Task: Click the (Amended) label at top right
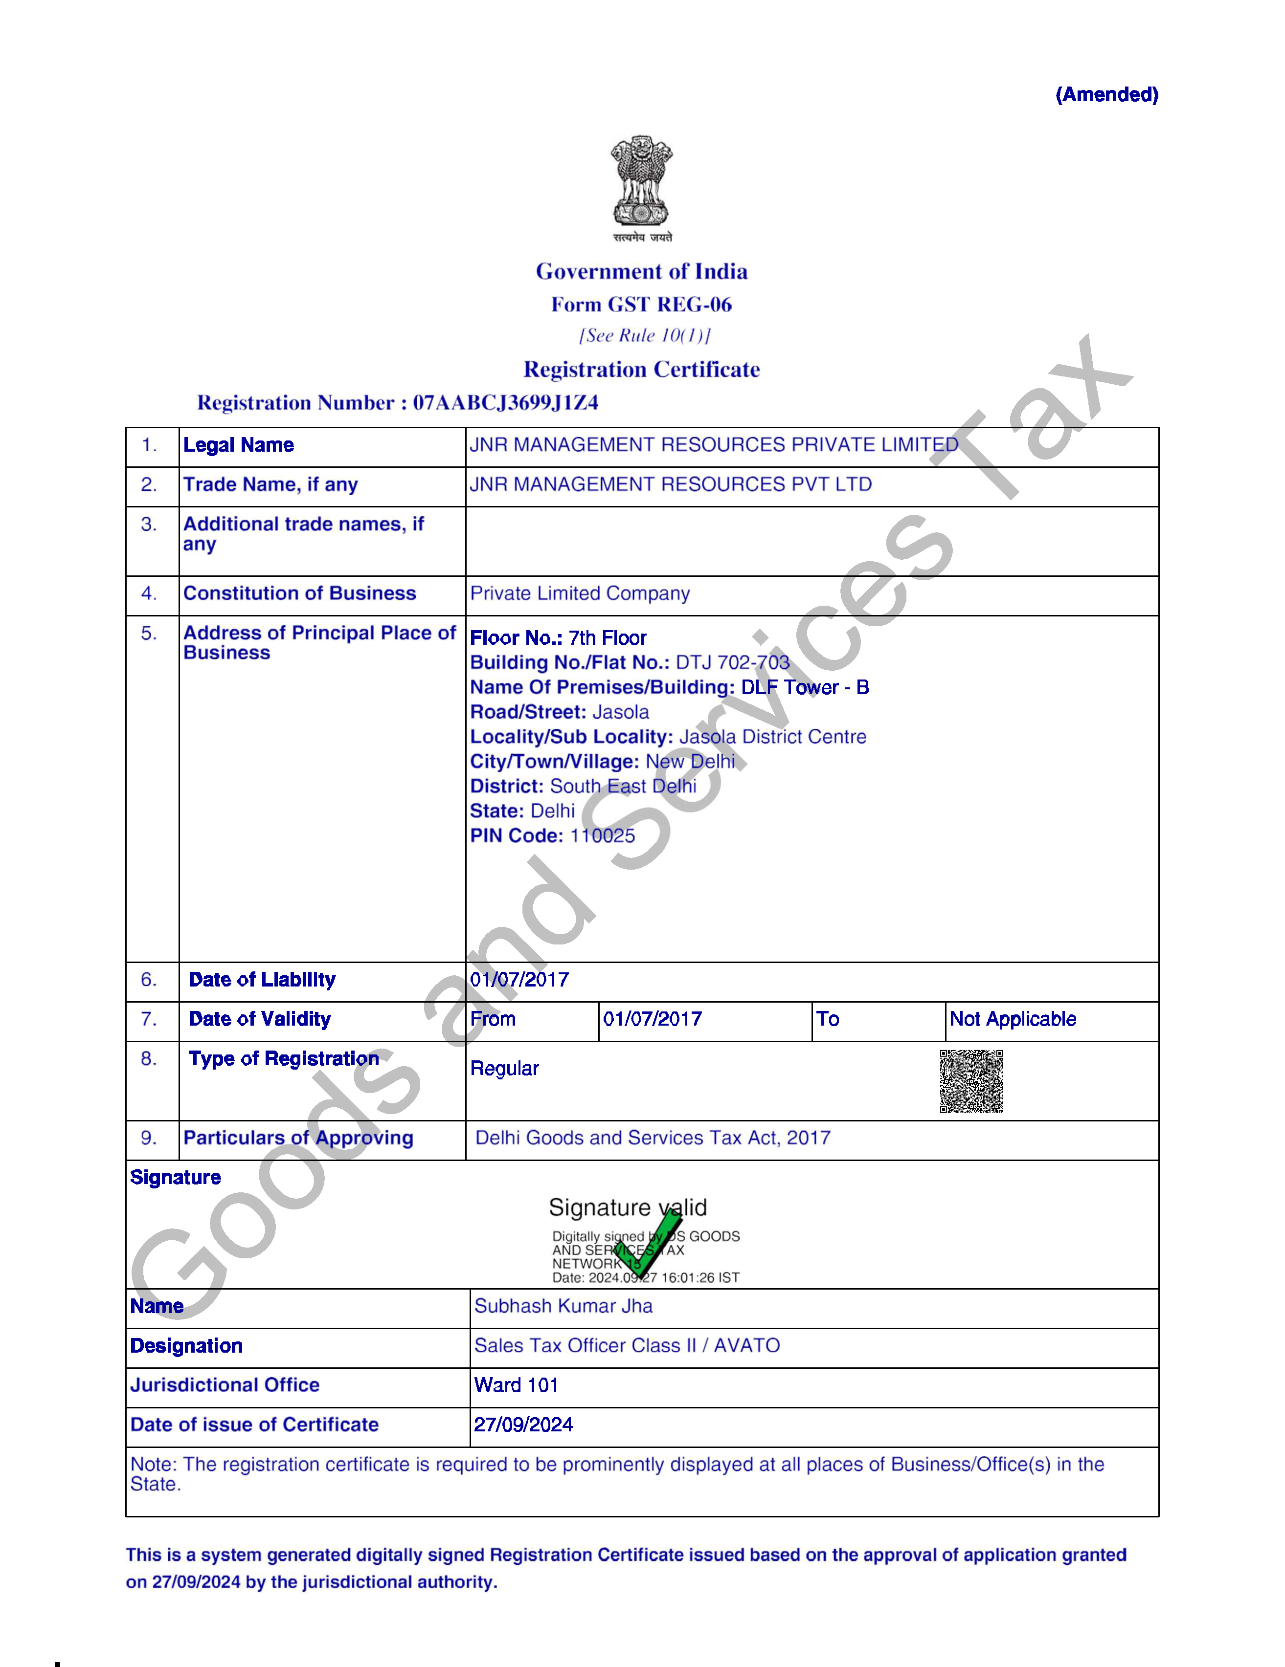tap(1106, 95)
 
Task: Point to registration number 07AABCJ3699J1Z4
tap(505, 402)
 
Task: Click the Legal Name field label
tap(238, 445)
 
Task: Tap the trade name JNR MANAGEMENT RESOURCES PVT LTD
tap(670, 484)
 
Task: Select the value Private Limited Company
tap(580, 593)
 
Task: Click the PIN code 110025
tap(603, 836)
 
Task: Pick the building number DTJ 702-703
tap(732, 662)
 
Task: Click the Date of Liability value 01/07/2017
tap(519, 980)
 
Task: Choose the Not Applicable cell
tap(1013, 1019)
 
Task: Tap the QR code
tap(970, 1081)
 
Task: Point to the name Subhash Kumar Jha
tap(564, 1306)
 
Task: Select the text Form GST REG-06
tap(641, 305)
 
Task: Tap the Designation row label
tap(186, 1346)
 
